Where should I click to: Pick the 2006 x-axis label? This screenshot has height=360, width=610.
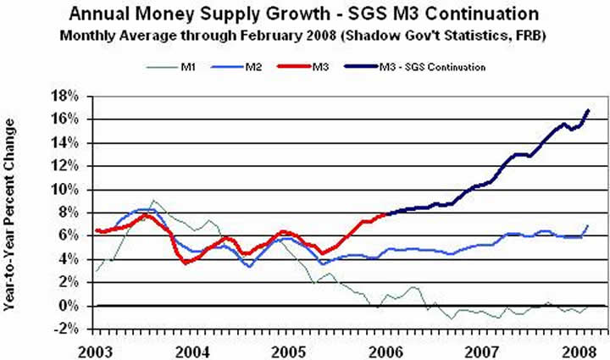tap(385, 350)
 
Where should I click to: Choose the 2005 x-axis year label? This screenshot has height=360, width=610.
tap(290, 350)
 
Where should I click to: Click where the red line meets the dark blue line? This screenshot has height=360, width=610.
tap(386, 213)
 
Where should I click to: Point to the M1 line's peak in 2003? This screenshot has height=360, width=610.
tap(152, 201)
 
